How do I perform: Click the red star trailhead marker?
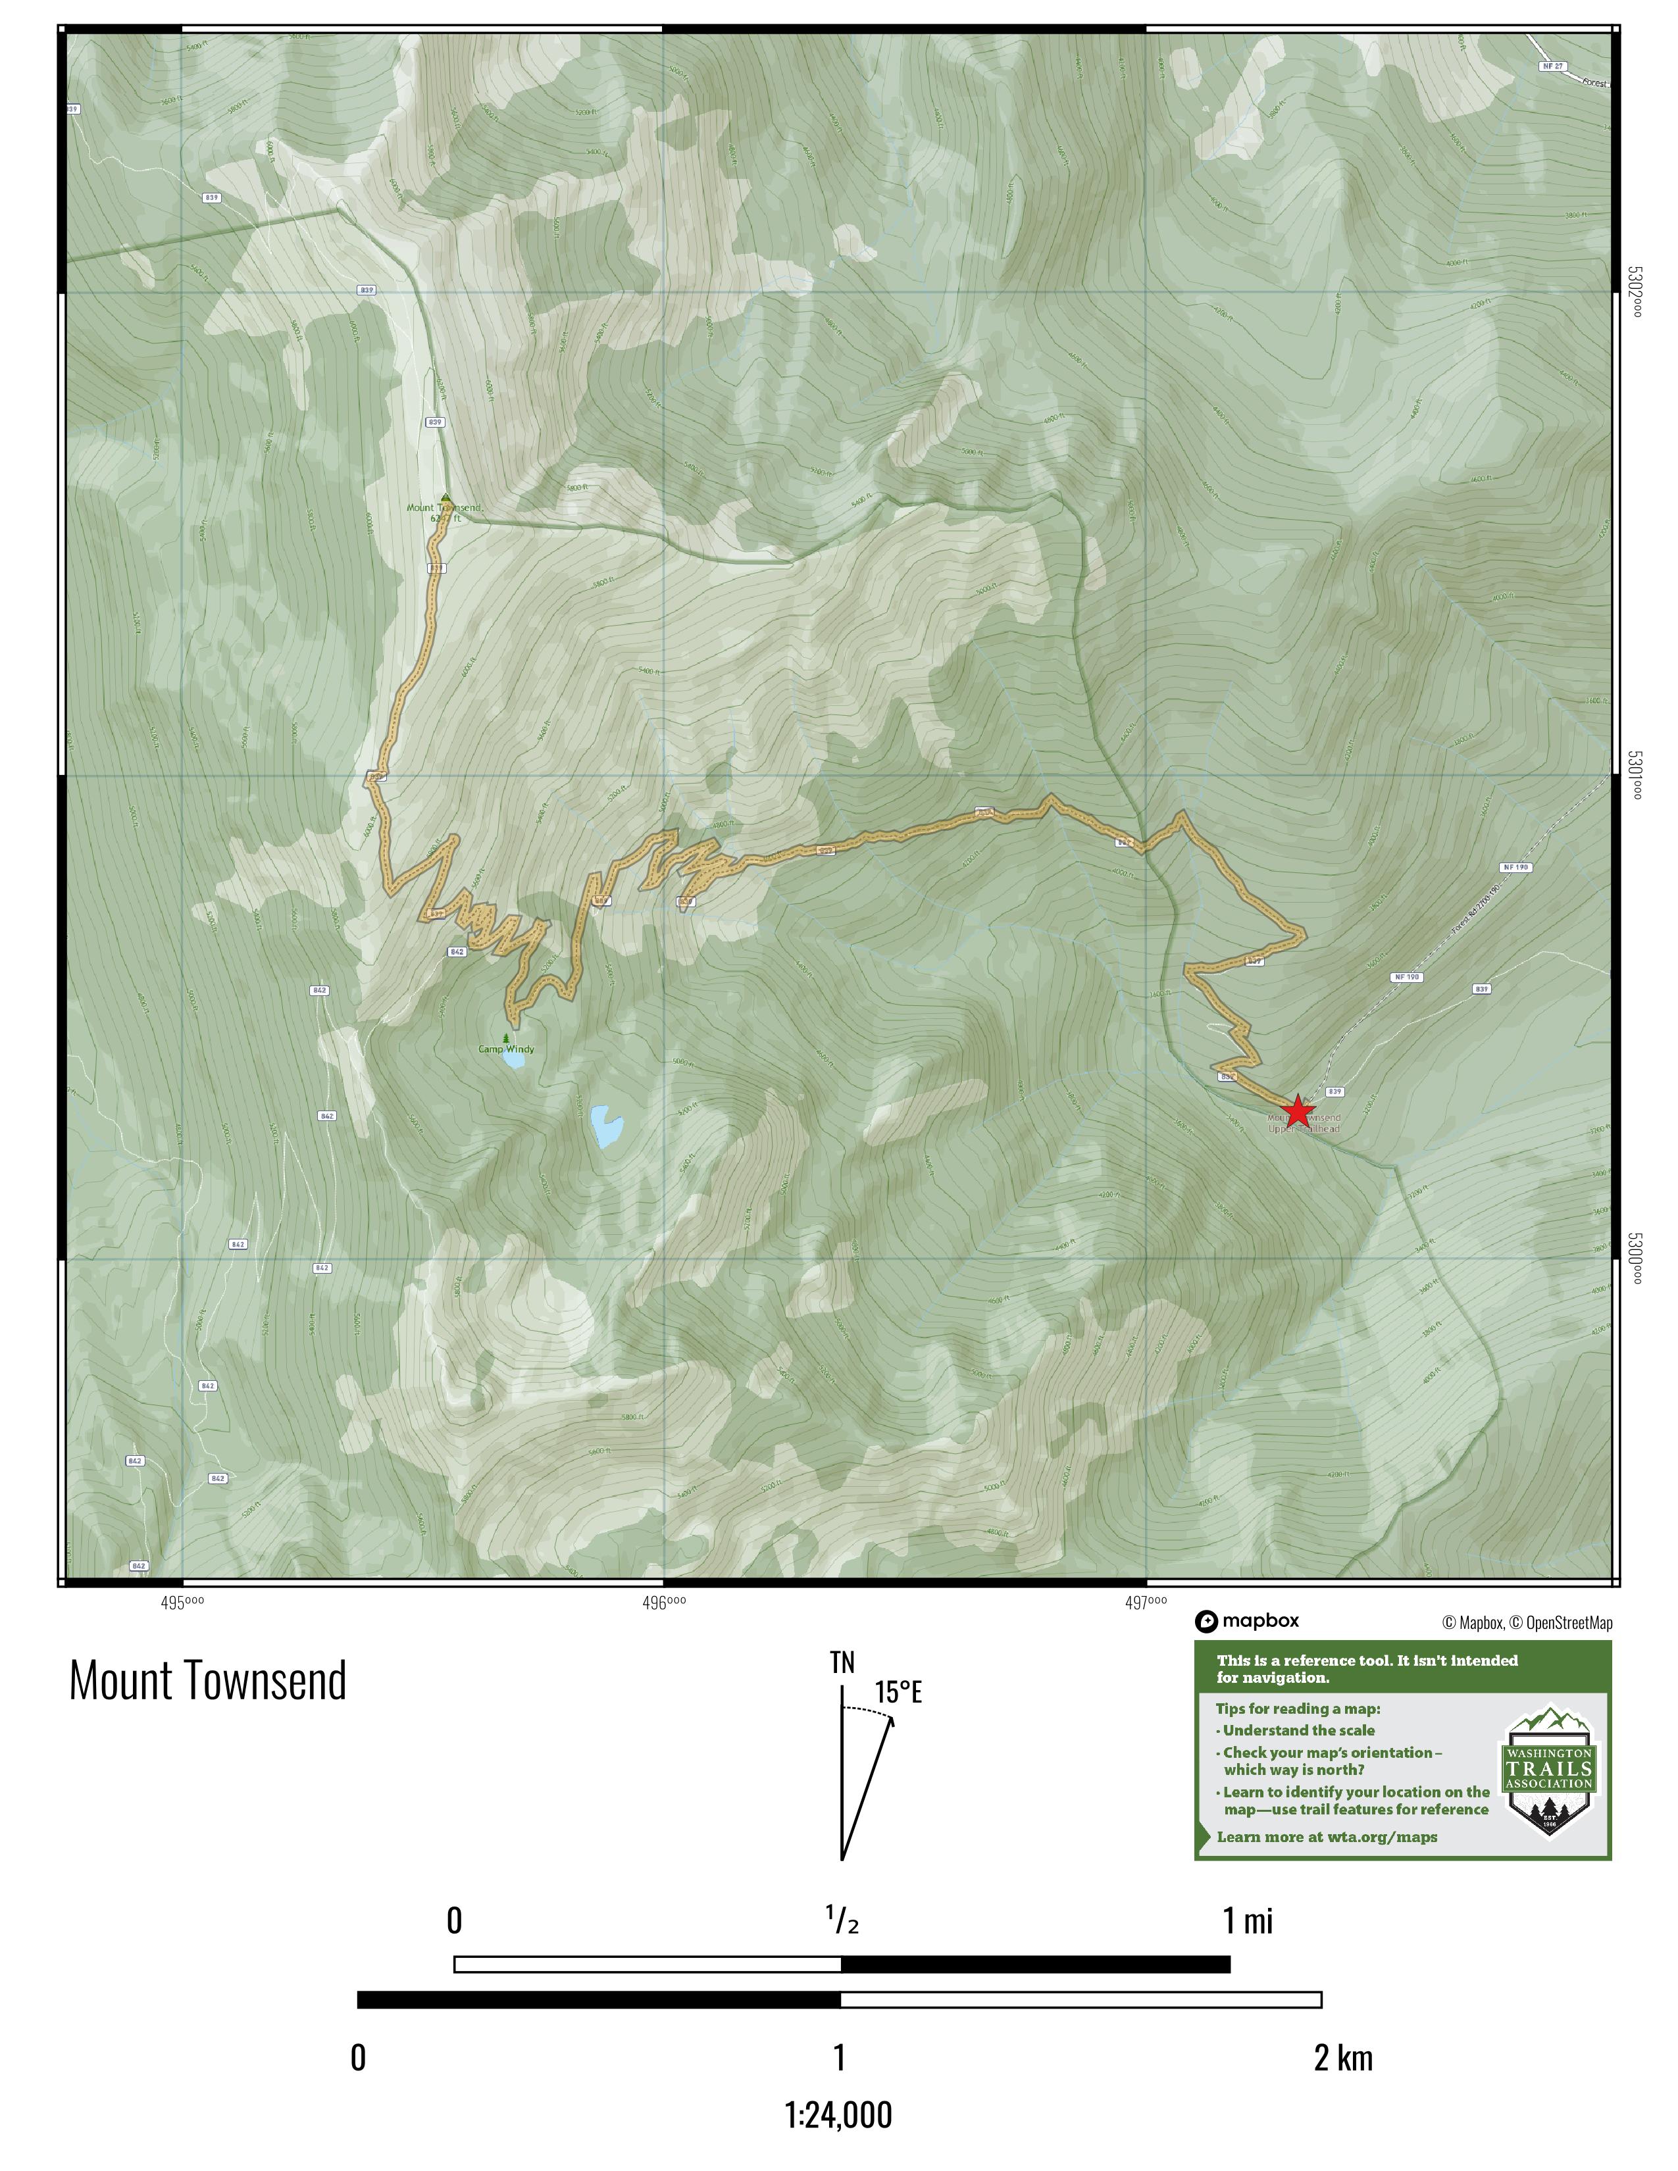click(1298, 1111)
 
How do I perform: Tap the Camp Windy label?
click(506, 1049)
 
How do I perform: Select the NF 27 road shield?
click(1553, 66)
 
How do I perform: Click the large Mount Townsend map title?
click(208, 1681)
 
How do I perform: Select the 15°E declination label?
click(898, 1692)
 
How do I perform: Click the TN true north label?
click(842, 1662)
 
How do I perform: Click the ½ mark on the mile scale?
click(842, 1922)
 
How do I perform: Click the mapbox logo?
click(1248, 1621)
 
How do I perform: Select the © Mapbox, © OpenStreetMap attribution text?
click(1527, 1623)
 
